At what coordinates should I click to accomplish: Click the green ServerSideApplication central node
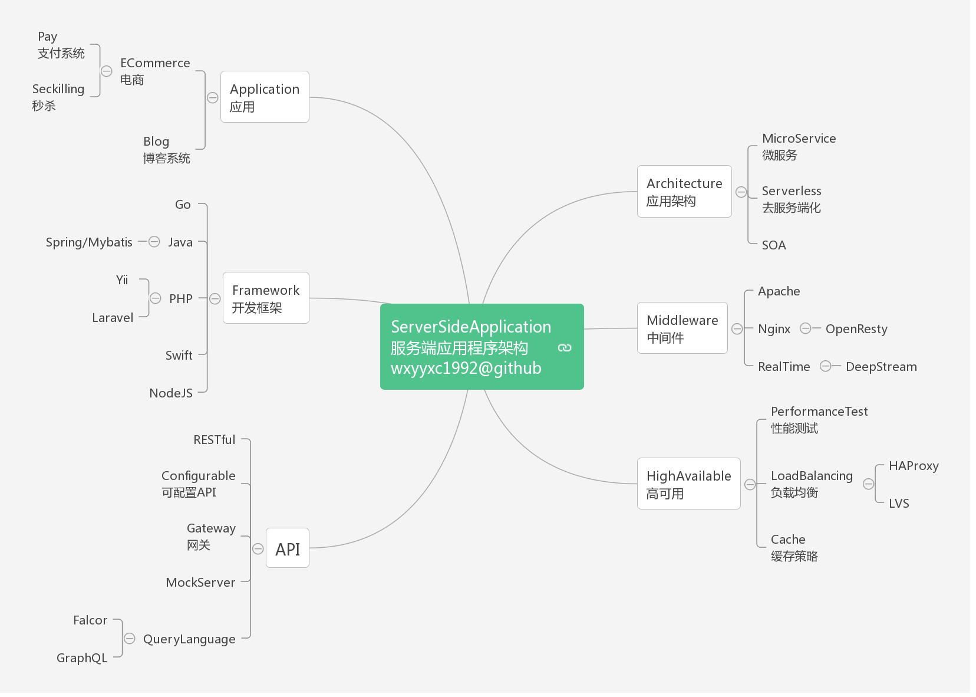(x=471, y=347)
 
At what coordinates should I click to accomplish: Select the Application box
(x=265, y=97)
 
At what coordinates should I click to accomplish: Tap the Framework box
(x=266, y=298)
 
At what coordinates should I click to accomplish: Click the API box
(x=288, y=548)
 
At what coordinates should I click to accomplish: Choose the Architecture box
(x=684, y=192)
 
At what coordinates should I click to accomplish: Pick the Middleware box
(x=682, y=328)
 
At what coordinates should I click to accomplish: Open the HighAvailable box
(x=688, y=484)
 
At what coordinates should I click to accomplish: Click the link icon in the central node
(x=565, y=348)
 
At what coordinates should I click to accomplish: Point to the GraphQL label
(x=82, y=658)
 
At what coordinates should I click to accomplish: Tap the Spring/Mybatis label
(x=89, y=242)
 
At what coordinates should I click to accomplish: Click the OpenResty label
(x=856, y=329)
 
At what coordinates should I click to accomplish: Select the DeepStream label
(x=881, y=367)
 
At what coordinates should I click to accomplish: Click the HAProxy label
(x=914, y=466)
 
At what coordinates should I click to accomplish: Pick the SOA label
(x=774, y=245)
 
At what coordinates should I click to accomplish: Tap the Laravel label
(x=113, y=318)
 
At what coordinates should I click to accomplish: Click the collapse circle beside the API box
(x=258, y=549)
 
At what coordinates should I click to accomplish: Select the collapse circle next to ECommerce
(x=107, y=71)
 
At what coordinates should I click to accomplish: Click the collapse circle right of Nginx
(x=805, y=328)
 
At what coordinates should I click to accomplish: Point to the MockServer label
(x=200, y=583)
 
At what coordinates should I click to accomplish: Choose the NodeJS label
(x=171, y=393)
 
